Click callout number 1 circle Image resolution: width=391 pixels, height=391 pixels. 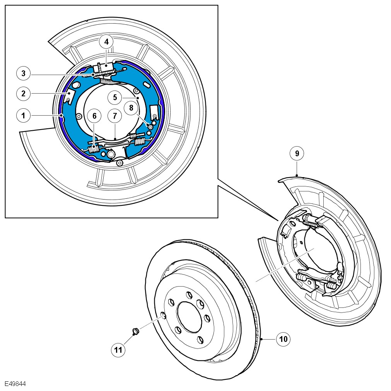23,115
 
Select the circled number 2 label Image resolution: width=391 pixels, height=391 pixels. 23,93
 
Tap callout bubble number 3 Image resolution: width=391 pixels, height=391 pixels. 23,73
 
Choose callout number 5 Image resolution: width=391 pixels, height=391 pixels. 115,97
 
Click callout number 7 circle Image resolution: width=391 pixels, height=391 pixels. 115,115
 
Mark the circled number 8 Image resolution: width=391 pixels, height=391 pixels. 131,108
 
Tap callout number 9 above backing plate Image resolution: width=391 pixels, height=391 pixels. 297,154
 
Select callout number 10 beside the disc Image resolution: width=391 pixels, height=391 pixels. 283,339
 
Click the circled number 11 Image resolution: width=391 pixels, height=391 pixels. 118,350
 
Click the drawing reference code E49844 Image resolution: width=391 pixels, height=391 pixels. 15,384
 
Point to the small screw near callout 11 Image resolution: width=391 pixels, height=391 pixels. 136,331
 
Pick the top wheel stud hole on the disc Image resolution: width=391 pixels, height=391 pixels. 189,295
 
